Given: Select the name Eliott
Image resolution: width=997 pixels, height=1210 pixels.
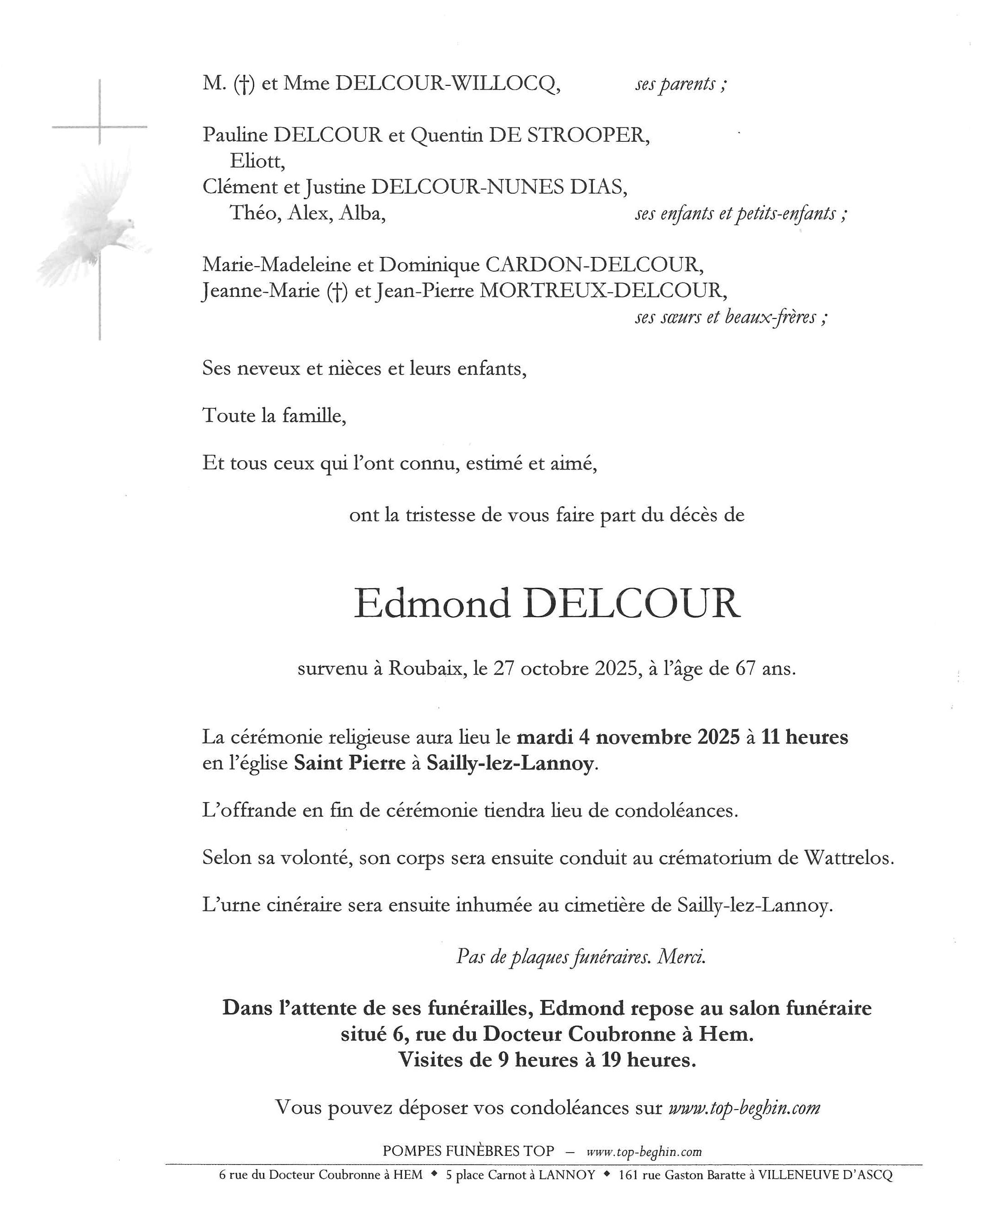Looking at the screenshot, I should [257, 162].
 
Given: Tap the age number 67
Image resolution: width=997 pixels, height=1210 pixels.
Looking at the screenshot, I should [746, 669].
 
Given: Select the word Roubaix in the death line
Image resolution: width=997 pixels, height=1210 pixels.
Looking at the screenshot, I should [427, 669].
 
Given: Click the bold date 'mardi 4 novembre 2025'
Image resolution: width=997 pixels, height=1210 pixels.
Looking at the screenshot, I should [628, 737].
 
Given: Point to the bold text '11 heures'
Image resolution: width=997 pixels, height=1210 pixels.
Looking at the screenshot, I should [805, 737].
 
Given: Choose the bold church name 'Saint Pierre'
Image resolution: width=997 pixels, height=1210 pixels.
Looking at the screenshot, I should [350, 763].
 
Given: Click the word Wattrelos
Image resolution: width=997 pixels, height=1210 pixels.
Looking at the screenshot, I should [848, 858].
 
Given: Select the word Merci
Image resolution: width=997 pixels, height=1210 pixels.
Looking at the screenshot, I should [682, 956].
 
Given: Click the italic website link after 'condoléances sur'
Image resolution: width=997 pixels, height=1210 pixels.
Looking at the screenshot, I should [744, 1107].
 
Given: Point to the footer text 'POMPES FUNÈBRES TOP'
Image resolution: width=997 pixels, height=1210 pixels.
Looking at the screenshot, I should [468, 1151].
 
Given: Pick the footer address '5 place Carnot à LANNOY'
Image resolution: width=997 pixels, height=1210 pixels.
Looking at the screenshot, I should [520, 1175].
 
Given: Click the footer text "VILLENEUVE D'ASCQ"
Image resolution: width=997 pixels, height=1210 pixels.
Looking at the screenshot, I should [825, 1175].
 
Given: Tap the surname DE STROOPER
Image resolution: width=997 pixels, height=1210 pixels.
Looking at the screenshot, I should [568, 135].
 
